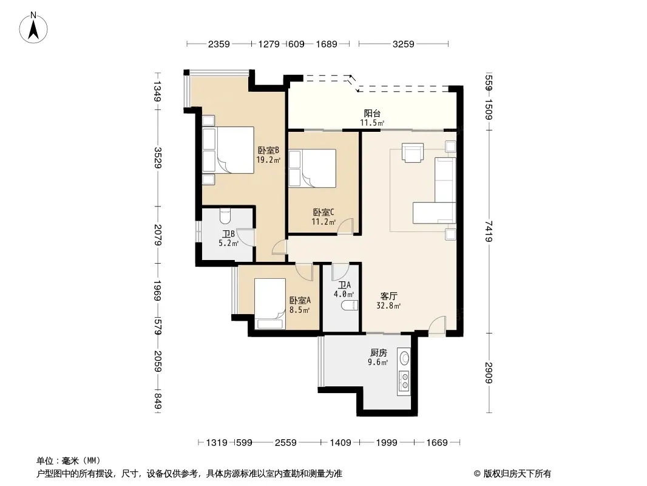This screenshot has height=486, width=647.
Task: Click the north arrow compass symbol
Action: tap(33, 28)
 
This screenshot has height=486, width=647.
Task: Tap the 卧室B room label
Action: tap(269, 150)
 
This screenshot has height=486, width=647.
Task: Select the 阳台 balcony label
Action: tap(372, 113)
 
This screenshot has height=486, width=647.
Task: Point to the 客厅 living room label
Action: tap(388, 296)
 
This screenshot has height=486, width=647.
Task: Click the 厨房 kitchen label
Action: tap(378, 352)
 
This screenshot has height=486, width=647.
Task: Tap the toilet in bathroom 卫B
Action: tap(225, 215)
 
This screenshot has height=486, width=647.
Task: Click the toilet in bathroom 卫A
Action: tap(349, 306)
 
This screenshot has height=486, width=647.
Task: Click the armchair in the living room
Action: tap(413, 153)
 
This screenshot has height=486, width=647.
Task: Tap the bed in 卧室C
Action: tap(313, 168)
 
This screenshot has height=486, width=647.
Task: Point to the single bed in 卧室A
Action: tap(270, 304)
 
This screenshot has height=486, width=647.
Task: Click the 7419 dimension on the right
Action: tap(489, 231)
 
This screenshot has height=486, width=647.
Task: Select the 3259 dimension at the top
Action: tap(403, 44)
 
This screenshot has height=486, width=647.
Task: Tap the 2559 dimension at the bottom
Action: tap(285, 443)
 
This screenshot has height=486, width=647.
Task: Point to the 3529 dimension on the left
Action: tap(157, 158)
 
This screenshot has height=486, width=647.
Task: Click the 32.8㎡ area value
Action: tap(388, 306)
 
